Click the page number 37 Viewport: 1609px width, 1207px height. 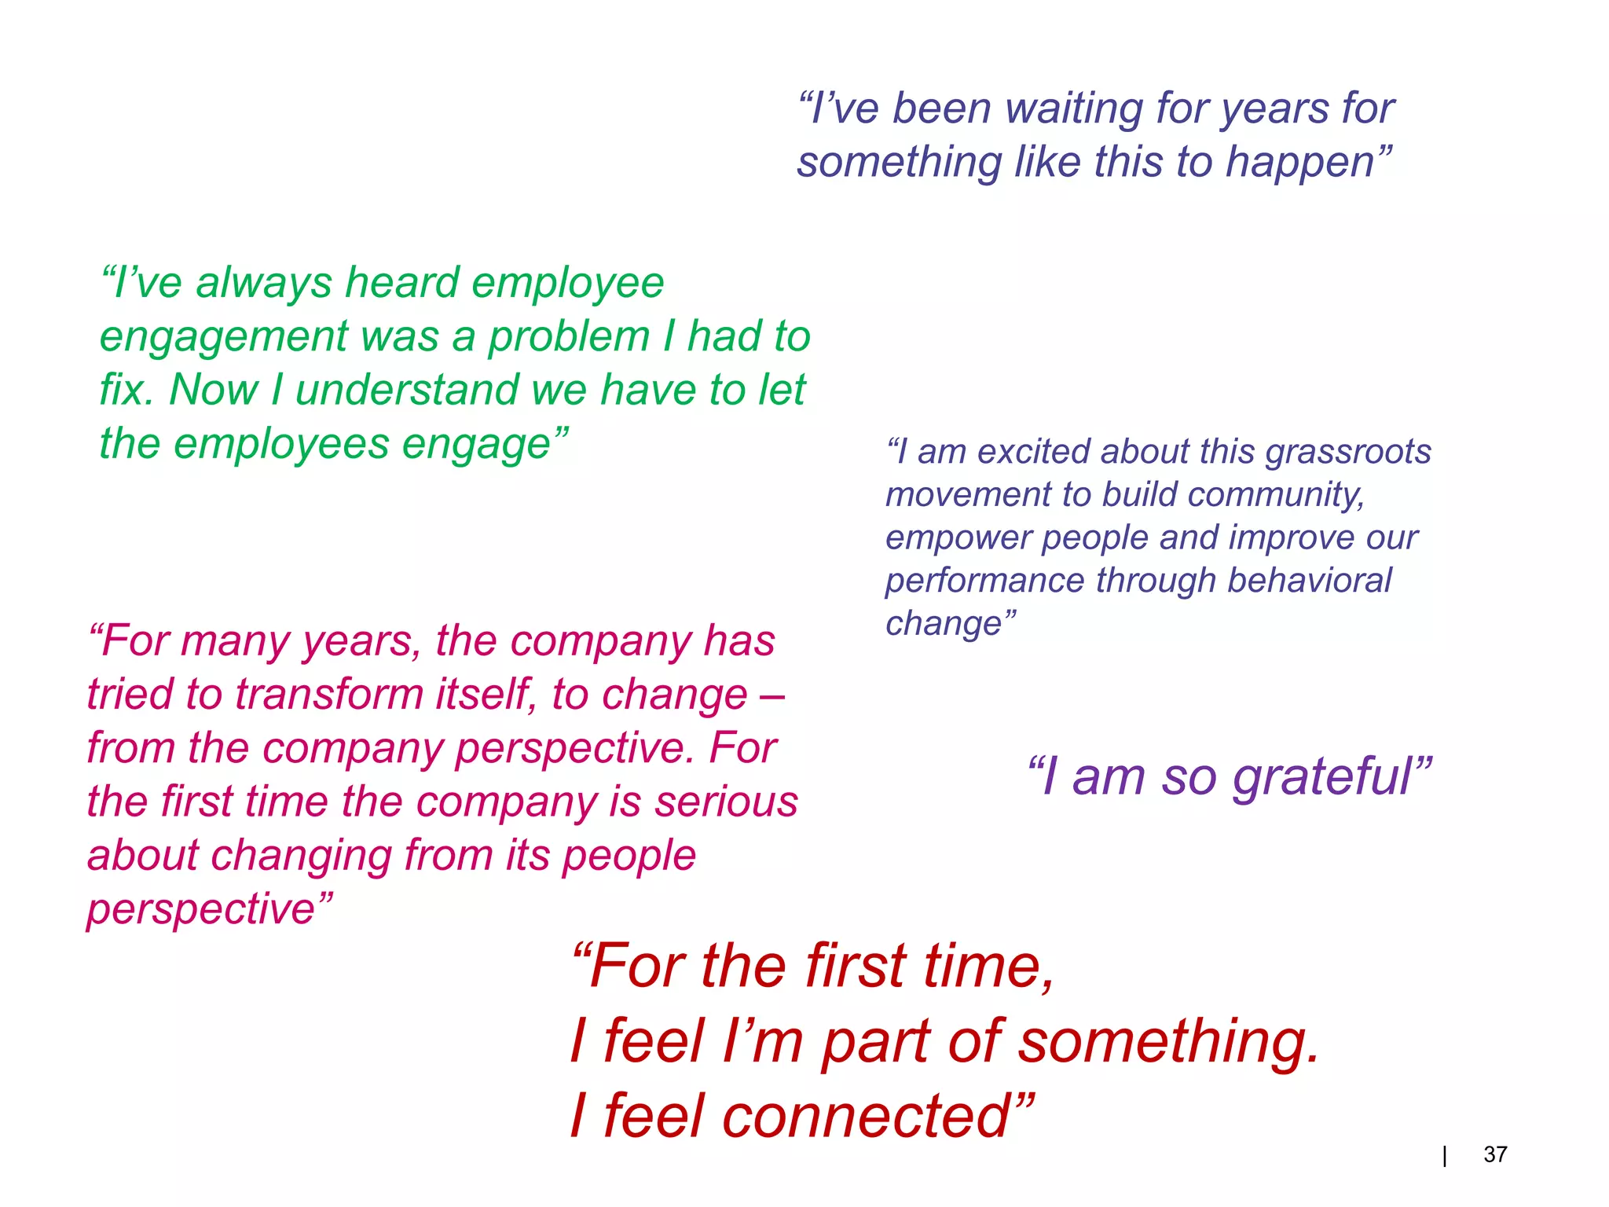[x=1494, y=1154]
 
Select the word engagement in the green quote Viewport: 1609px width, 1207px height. [x=224, y=338]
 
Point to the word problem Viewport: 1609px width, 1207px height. [x=569, y=336]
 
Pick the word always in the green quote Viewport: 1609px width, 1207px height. [x=264, y=283]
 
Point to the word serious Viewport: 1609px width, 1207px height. [x=726, y=802]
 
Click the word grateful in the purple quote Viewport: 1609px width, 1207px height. [x=1324, y=778]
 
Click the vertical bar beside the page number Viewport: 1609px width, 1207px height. [x=1445, y=1156]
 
